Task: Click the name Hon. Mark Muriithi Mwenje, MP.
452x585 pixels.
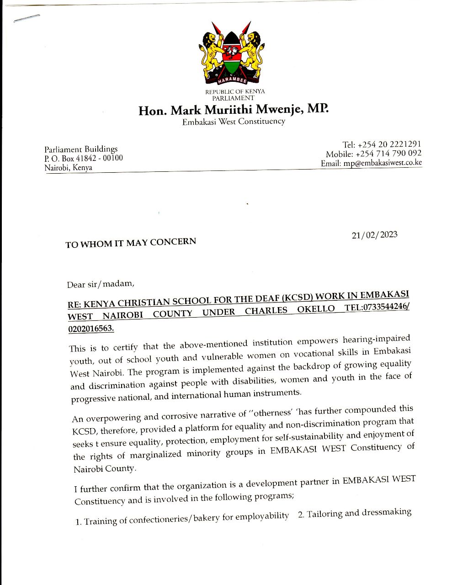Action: point(233,110)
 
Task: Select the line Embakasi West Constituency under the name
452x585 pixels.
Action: point(234,122)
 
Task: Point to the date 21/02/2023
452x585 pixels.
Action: point(374,235)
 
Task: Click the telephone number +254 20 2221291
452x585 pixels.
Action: point(389,144)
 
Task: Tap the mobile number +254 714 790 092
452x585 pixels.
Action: point(388,154)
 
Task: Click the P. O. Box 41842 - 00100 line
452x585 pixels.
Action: point(84,159)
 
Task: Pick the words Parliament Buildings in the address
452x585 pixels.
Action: point(81,149)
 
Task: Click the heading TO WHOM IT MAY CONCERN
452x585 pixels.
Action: point(131,243)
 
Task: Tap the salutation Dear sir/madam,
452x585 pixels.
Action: point(101,284)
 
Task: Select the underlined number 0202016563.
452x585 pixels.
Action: point(90,329)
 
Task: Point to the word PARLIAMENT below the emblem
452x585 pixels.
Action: point(233,98)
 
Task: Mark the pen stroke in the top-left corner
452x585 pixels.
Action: point(27,18)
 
